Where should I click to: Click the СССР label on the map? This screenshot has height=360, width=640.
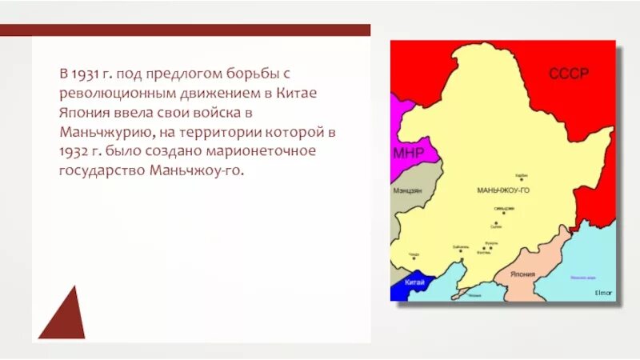point(568,74)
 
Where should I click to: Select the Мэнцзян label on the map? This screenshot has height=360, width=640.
point(409,190)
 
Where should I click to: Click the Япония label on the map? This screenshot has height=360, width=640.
point(522,272)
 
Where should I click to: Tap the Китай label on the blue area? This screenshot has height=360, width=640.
point(414,282)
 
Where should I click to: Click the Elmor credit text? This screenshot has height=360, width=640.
point(603,293)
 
